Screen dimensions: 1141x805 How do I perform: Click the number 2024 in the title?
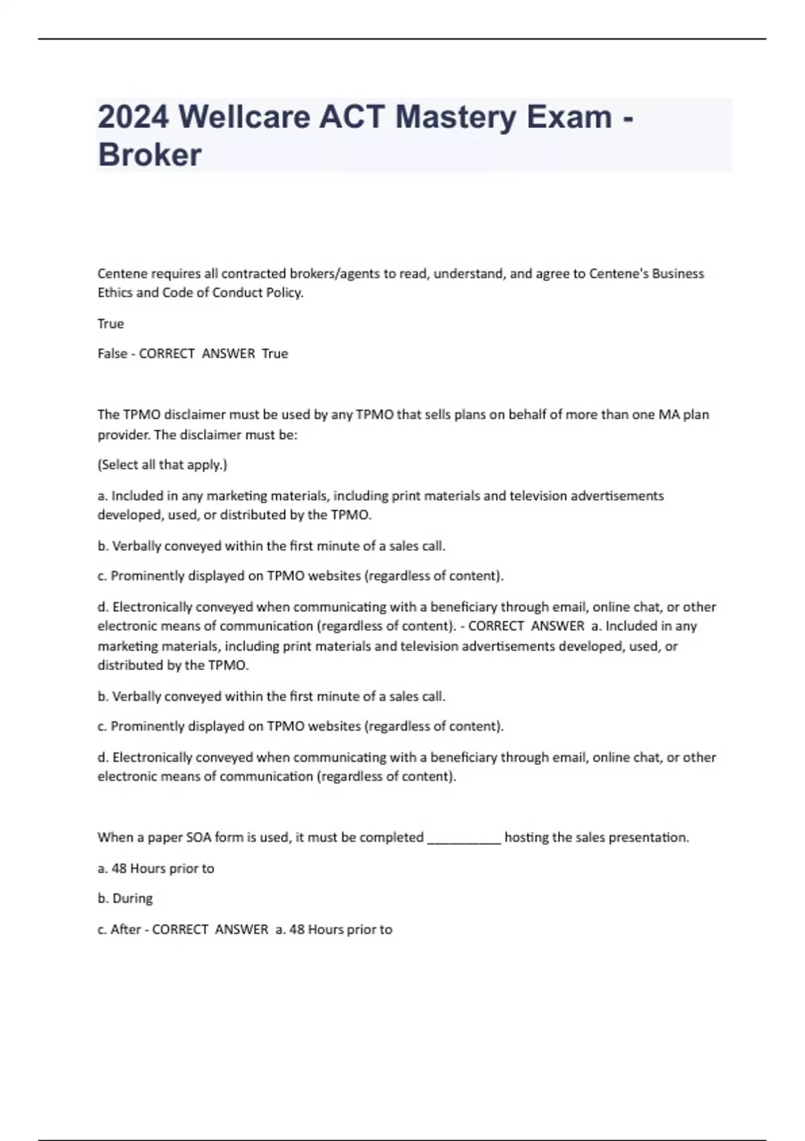(x=133, y=117)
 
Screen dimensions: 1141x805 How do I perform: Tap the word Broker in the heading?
(x=150, y=155)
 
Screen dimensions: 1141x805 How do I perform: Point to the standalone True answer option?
(x=111, y=324)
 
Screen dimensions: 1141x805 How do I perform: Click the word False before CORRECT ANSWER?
(x=112, y=354)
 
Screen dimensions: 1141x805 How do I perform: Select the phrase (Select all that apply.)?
(x=162, y=464)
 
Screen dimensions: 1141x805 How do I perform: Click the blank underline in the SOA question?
(x=464, y=838)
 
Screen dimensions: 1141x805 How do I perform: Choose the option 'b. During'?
(x=125, y=898)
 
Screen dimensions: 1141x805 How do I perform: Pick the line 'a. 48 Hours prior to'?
(x=156, y=869)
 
